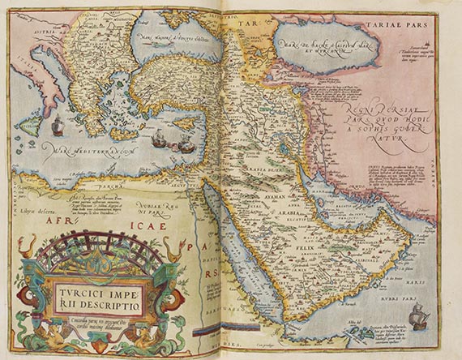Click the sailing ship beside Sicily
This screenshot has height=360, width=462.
[x=58, y=126]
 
